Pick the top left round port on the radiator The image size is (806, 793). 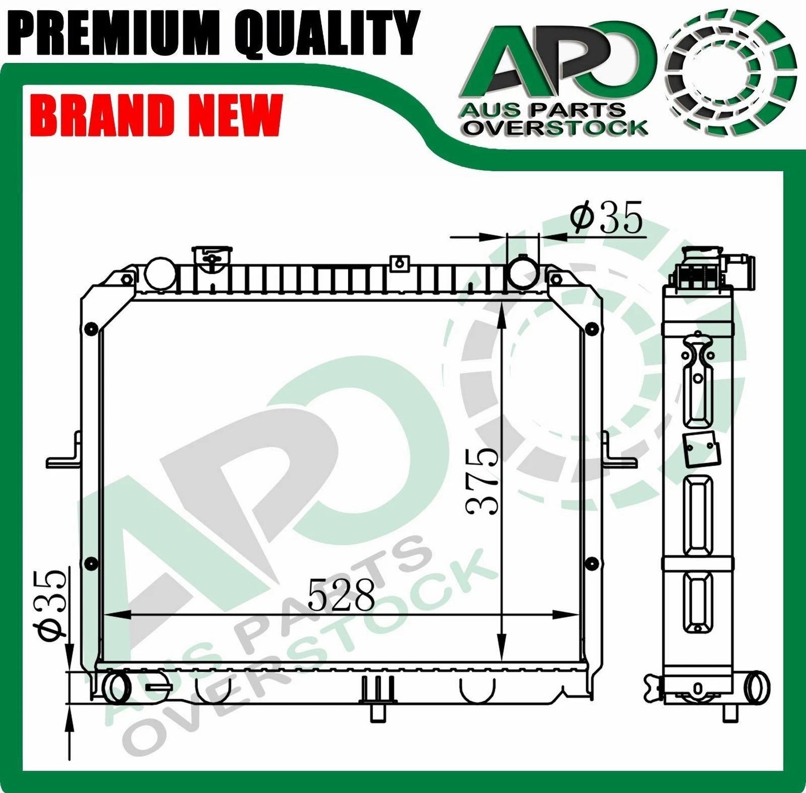click(160, 273)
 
